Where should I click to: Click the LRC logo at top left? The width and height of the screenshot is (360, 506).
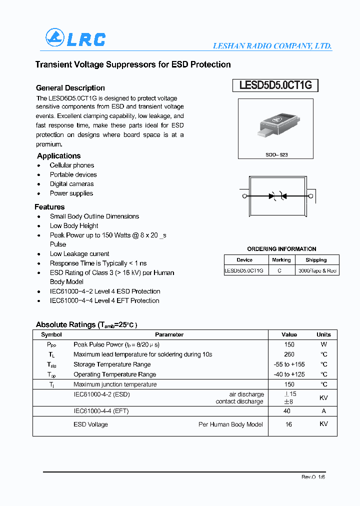[x=75, y=38]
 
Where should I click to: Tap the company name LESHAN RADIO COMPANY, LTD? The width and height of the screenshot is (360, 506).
[x=272, y=45]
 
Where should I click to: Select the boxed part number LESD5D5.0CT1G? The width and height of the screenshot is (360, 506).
[x=275, y=85]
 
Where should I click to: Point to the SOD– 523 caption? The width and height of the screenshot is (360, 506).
[x=276, y=155]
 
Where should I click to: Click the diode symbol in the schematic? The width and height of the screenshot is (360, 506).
[x=277, y=196]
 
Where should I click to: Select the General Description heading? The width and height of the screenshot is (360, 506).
[x=70, y=88]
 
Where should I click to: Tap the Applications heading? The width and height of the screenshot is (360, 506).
[x=59, y=156]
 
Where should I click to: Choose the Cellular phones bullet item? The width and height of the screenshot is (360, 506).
[x=71, y=165]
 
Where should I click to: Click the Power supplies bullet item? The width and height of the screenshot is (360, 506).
[x=71, y=193]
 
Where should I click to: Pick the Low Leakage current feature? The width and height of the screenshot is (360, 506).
[x=79, y=254]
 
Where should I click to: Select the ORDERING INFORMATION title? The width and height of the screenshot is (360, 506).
[x=281, y=249]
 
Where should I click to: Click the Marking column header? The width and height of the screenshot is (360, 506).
[x=281, y=260]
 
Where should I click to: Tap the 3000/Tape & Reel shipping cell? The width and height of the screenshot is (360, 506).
[x=316, y=270]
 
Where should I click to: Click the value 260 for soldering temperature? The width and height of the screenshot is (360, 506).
[x=289, y=354]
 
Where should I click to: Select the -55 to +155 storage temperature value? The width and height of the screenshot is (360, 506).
[x=289, y=364]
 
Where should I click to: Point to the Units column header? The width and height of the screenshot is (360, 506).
[x=323, y=334]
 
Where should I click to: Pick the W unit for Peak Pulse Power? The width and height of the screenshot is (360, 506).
[x=323, y=344]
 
